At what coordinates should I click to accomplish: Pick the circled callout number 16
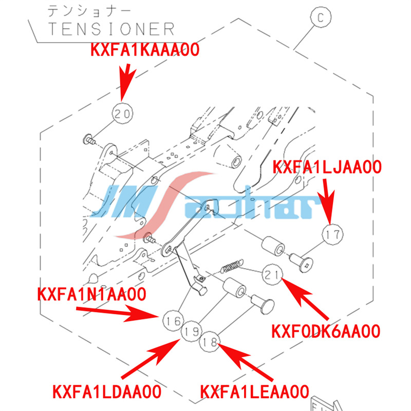click(x=173, y=321)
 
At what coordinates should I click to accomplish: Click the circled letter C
click(x=321, y=18)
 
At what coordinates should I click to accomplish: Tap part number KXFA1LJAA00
click(x=327, y=167)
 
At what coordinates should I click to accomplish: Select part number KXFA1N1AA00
click(x=91, y=294)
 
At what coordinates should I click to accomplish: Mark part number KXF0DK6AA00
click(x=325, y=331)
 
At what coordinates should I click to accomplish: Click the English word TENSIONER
click(x=111, y=28)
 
